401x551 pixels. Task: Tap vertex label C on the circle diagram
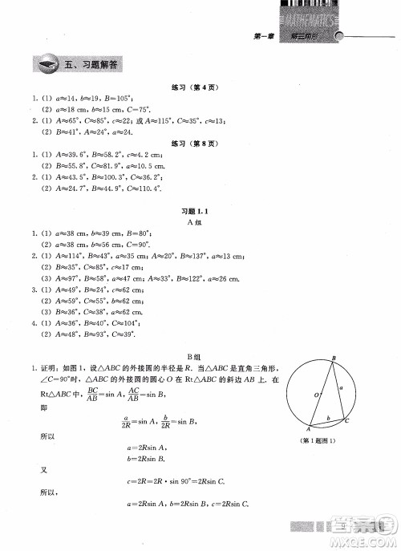(346, 419)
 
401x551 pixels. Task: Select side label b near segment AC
(326, 419)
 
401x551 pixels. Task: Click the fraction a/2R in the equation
(126, 419)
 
